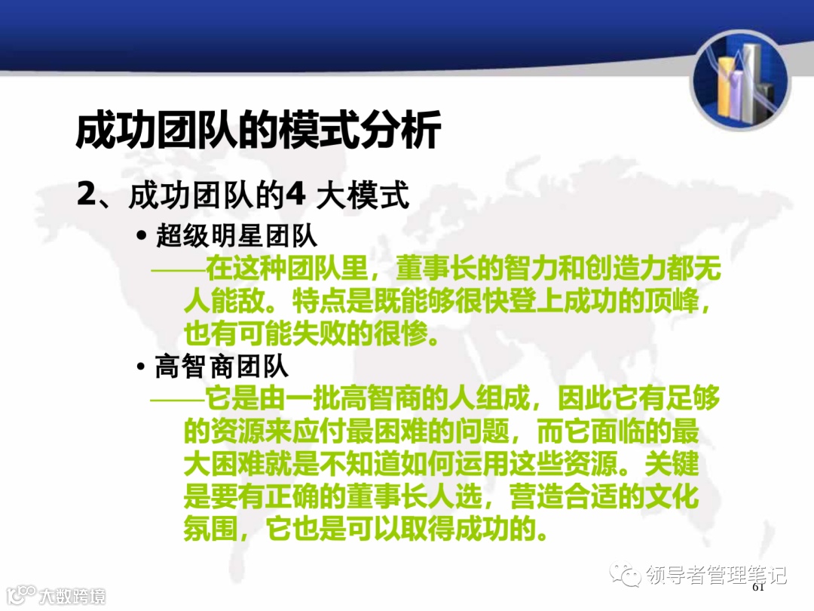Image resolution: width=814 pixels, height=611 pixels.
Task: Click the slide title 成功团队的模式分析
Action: [258, 131]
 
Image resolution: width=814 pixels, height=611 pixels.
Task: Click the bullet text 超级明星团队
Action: [237, 236]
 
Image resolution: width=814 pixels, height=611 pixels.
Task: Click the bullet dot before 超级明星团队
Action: [142, 237]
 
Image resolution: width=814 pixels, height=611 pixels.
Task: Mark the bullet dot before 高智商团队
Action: [142, 367]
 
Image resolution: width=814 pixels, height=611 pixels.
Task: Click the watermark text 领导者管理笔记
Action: [716, 576]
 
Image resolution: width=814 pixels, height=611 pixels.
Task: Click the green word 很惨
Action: [412, 333]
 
